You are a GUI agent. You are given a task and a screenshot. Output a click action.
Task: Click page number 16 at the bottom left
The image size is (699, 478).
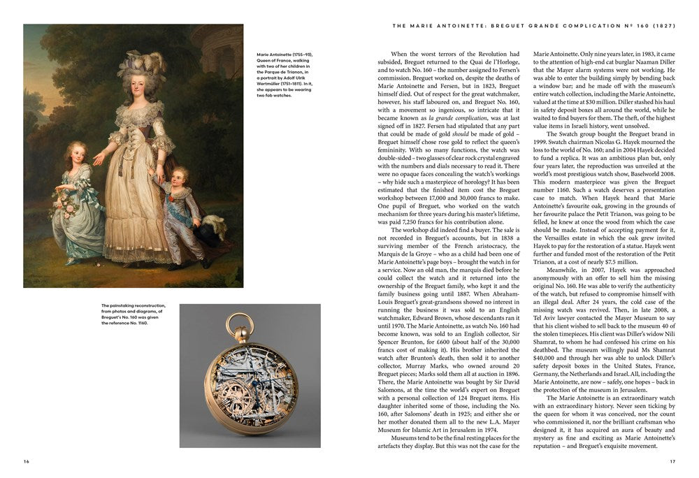click(x=27, y=461)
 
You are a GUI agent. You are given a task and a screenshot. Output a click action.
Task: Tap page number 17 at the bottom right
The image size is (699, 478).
click(x=672, y=461)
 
